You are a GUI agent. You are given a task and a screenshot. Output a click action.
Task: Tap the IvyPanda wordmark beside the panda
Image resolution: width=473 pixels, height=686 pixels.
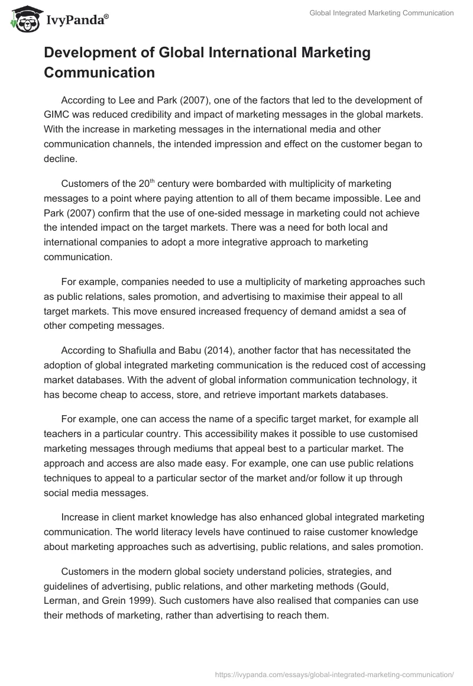76,20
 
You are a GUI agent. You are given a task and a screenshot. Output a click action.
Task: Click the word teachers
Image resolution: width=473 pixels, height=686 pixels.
63,434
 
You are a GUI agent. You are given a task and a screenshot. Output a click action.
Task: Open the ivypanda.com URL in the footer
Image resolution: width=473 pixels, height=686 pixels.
334,674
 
